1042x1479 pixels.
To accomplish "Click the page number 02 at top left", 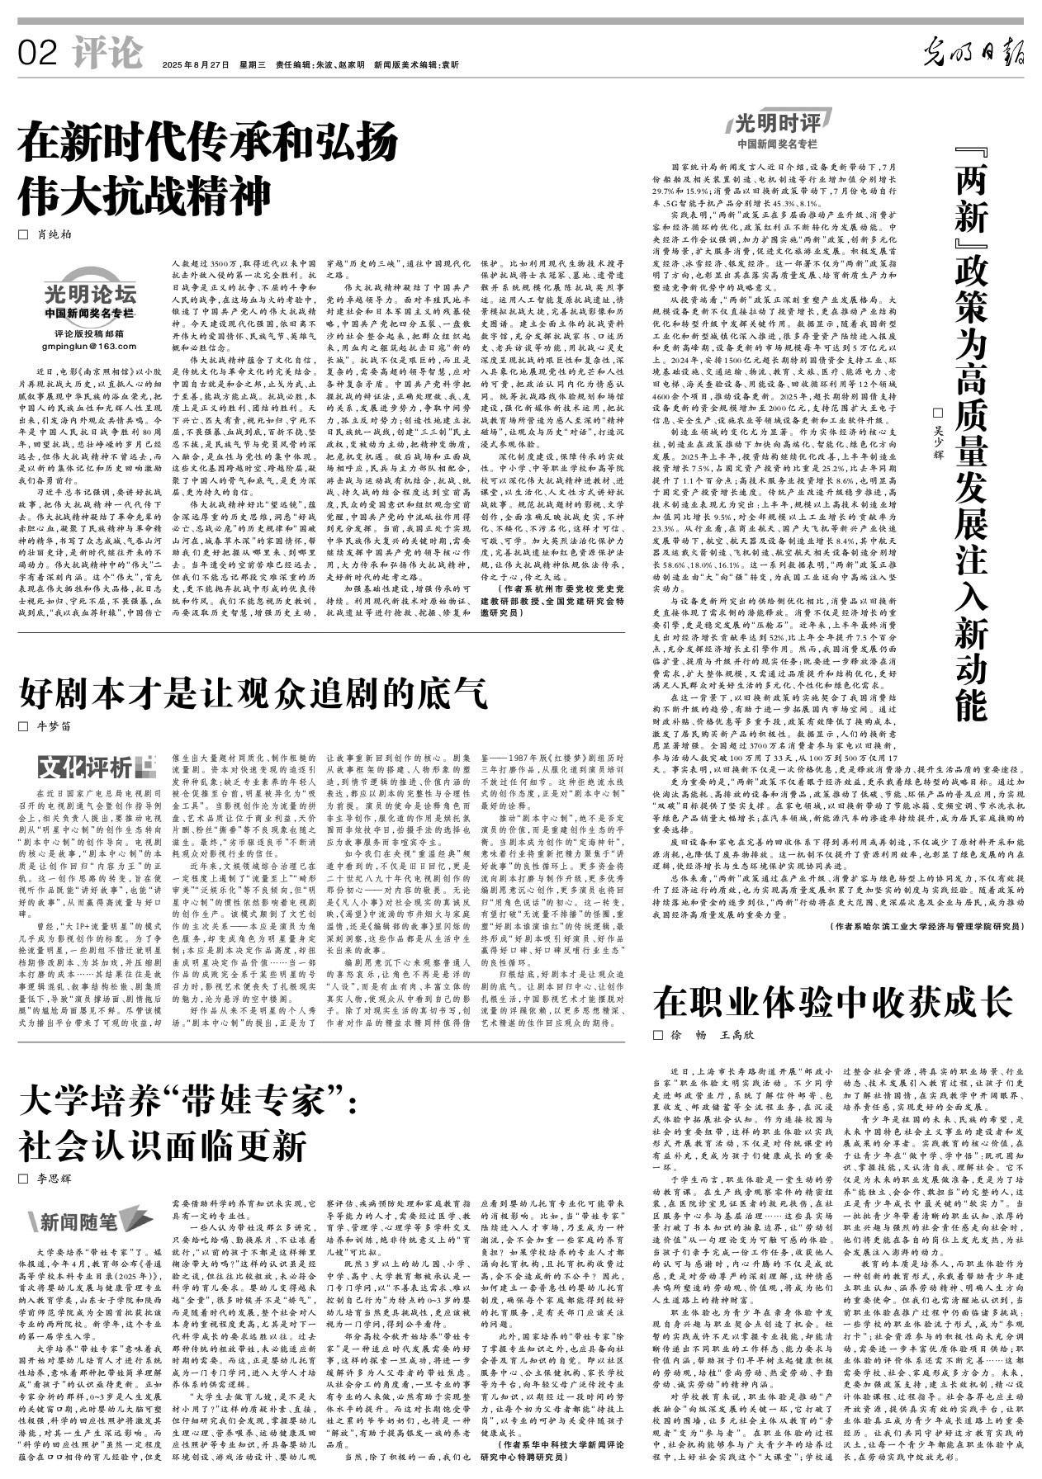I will coord(38,54).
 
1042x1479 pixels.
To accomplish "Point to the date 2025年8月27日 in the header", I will coord(196,64).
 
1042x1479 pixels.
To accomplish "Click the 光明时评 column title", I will coord(777,125).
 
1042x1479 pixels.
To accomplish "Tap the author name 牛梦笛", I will coord(54,727).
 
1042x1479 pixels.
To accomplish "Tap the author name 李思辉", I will coord(54,1179).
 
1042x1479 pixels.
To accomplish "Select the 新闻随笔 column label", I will coord(79,1221).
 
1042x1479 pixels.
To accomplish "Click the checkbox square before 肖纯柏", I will coord(23,234).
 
